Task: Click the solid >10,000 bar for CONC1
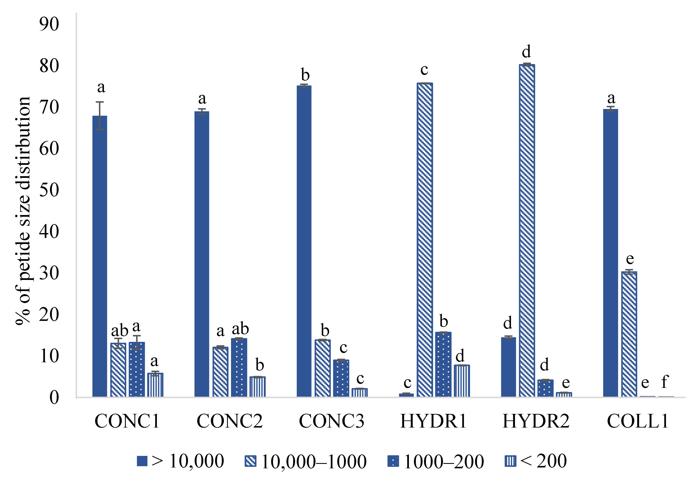(100, 256)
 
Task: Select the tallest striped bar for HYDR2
(527, 230)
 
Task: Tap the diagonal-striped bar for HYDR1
(425, 239)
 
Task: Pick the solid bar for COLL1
(611, 253)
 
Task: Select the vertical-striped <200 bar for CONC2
(257, 387)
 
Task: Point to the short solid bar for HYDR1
(406, 395)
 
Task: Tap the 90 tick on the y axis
(49, 24)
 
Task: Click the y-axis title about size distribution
(23, 211)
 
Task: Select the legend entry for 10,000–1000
(306, 461)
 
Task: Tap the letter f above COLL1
(665, 382)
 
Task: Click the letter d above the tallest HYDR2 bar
(526, 52)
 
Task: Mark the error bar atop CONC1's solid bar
(100, 116)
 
